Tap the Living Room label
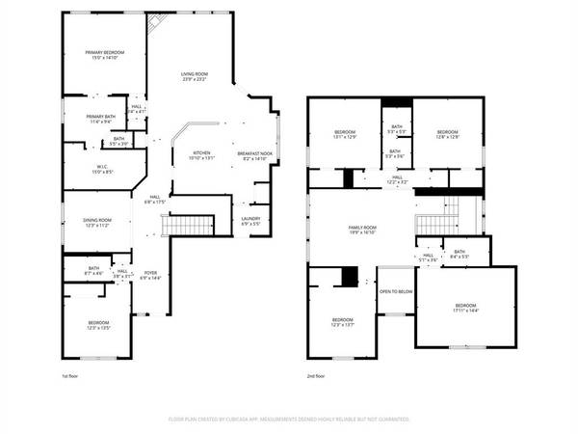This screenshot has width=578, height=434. pyautogui.click(x=195, y=76)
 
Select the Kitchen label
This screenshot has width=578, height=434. pyautogui.click(x=200, y=155)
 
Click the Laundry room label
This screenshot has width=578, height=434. pyautogui.click(x=250, y=221)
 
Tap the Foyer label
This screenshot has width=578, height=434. pyautogui.click(x=151, y=275)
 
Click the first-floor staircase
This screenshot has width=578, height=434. pyautogui.click(x=187, y=226)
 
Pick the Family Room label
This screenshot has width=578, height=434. pyautogui.click(x=361, y=230)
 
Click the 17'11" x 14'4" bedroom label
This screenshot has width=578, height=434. pyautogui.click(x=465, y=307)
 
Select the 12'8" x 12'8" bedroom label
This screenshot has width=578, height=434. pyautogui.click(x=448, y=134)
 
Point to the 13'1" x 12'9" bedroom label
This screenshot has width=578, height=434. pyautogui.click(x=345, y=134)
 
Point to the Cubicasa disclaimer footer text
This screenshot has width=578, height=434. pyautogui.click(x=289, y=420)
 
